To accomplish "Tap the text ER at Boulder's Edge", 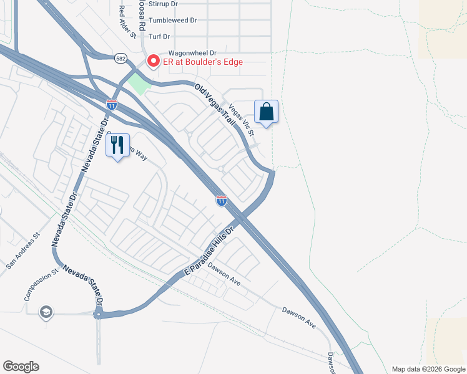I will pyautogui.click(x=203, y=62).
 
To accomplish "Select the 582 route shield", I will pyautogui.click(x=121, y=58).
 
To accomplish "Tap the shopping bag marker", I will pyautogui.click(x=266, y=112).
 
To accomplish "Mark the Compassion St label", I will pyautogui.click(x=41, y=284).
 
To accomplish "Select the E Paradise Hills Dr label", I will pyautogui.click(x=207, y=251).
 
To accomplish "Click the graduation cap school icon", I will pyautogui.click(x=45, y=312).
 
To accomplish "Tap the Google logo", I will pyautogui.click(x=21, y=367).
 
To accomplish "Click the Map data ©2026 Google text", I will pyautogui.click(x=428, y=369).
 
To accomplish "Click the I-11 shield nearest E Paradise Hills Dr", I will pyautogui.click(x=222, y=201).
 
